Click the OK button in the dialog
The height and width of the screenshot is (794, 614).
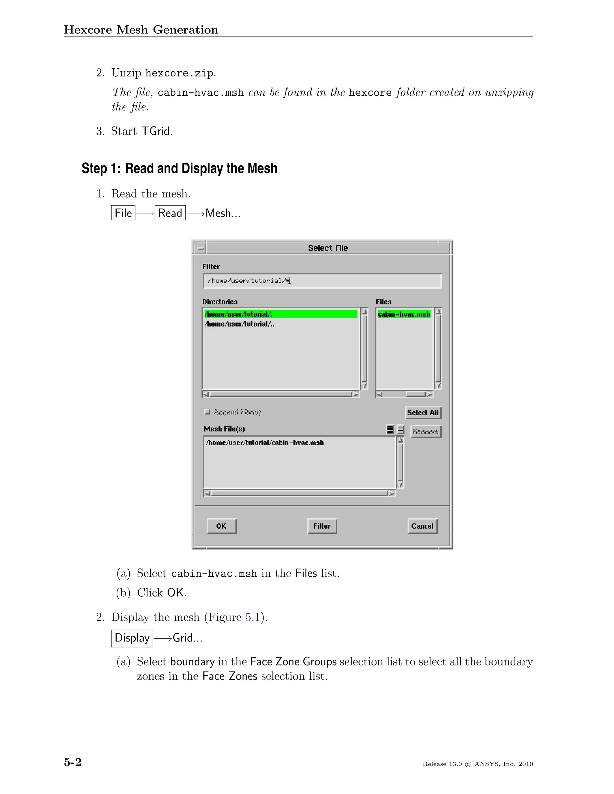tap(222, 526)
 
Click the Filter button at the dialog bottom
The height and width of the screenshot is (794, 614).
tap(322, 526)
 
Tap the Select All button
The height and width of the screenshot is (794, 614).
tap(423, 413)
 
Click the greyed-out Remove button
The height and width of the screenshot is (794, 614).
tap(426, 431)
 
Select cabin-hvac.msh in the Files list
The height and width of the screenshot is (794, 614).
tap(404, 314)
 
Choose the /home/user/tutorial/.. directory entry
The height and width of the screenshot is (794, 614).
tap(239, 324)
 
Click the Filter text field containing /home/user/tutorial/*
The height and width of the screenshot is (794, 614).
tap(322, 281)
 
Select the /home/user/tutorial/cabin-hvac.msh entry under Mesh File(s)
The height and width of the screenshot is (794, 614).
tap(264, 443)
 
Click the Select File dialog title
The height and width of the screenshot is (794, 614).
tap(328, 248)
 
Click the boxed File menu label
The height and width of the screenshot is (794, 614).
tap(123, 213)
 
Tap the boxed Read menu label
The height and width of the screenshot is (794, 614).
tap(170, 213)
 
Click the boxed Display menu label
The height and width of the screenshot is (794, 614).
tap(132, 638)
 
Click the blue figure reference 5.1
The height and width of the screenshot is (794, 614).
tap(252, 617)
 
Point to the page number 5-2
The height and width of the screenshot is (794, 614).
tap(73, 762)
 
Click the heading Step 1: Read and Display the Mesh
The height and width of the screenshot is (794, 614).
tap(179, 169)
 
